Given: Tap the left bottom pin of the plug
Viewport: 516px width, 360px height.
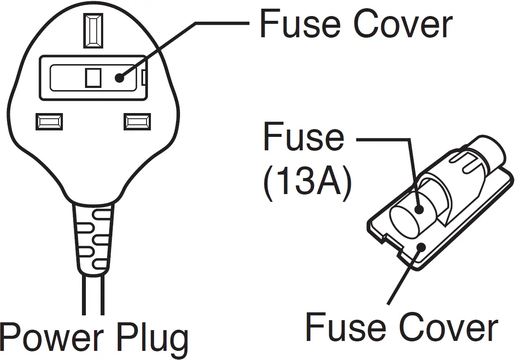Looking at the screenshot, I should [x=49, y=122].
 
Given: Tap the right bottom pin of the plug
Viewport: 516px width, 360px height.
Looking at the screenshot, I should [x=137, y=122].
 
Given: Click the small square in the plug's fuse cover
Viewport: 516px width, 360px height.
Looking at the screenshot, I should [x=93, y=78].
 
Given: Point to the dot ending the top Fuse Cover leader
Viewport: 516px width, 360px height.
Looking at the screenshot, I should [x=119, y=78].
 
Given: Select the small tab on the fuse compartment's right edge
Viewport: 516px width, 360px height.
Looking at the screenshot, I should [x=144, y=78].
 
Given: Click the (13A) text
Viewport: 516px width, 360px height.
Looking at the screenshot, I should [x=307, y=184].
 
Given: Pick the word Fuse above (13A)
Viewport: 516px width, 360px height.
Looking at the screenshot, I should [x=304, y=138].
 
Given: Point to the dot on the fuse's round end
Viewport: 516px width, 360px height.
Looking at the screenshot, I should [x=418, y=209].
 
